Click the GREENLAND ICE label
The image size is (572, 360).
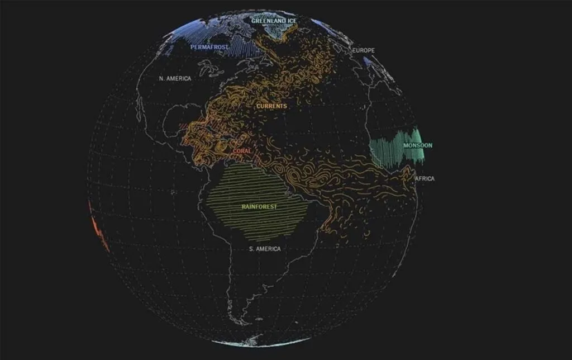click(274, 21)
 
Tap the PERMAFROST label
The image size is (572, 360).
click(209, 47)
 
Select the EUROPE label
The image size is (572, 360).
click(364, 50)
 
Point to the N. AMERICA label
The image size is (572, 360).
click(175, 79)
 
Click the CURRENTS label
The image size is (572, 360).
click(271, 106)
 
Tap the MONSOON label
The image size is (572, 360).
click(418, 145)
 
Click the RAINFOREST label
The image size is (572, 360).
click(259, 206)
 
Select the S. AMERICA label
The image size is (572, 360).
click(265, 249)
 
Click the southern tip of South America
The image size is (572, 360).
click(241, 323)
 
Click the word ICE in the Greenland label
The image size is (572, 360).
click(291, 21)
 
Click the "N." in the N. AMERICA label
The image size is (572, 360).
click(162, 79)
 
